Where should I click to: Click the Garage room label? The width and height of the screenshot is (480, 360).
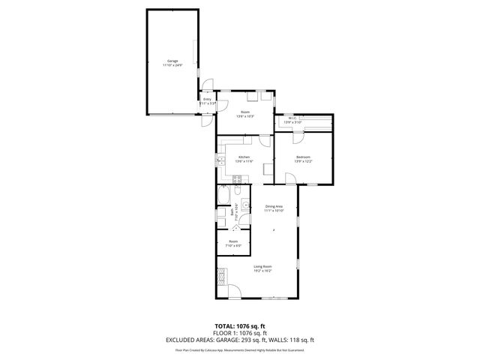[x=172, y=61]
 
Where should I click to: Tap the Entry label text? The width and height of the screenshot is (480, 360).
[x=207, y=100]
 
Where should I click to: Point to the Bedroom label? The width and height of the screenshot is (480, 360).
[x=304, y=157]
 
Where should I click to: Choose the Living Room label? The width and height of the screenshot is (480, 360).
[x=262, y=267]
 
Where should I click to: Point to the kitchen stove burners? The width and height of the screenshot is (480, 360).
[x=236, y=178]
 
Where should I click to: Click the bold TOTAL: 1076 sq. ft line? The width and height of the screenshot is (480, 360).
[x=239, y=326]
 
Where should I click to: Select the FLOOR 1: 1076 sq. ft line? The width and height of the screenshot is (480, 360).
[x=239, y=333]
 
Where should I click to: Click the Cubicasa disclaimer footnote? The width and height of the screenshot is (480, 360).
[x=239, y=349]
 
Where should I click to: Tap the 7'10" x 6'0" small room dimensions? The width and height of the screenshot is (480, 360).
[x=233, y=245]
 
